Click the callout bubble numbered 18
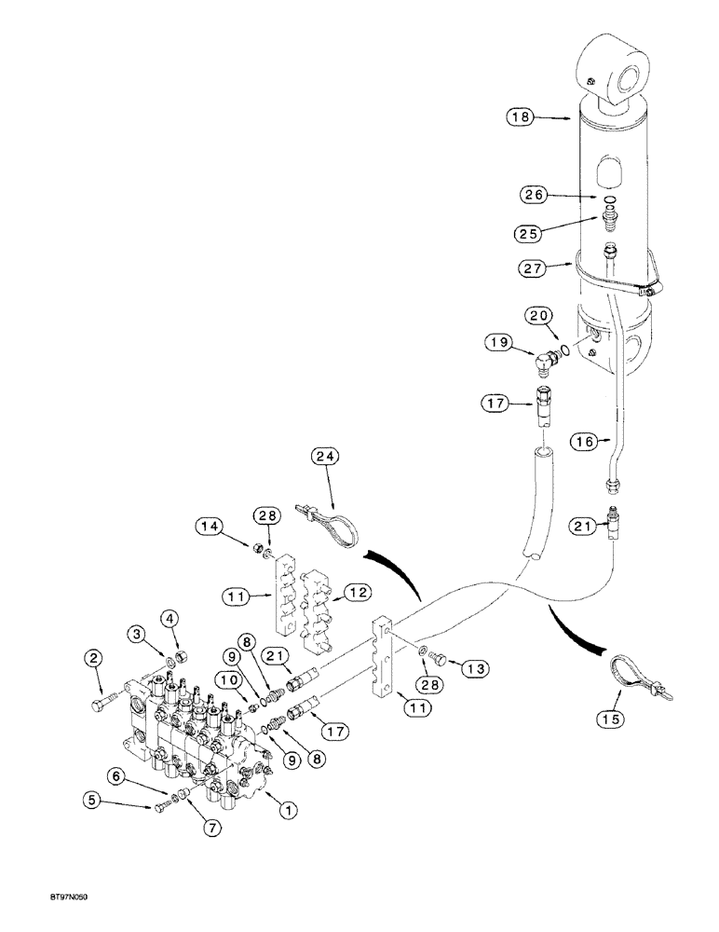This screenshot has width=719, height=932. pyautogui.click(x=520, y=117)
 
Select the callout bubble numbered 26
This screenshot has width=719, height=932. pyautogui.click(x=532, y=195)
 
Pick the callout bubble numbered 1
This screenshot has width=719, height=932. pyautogui.click(x=289, y=811)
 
